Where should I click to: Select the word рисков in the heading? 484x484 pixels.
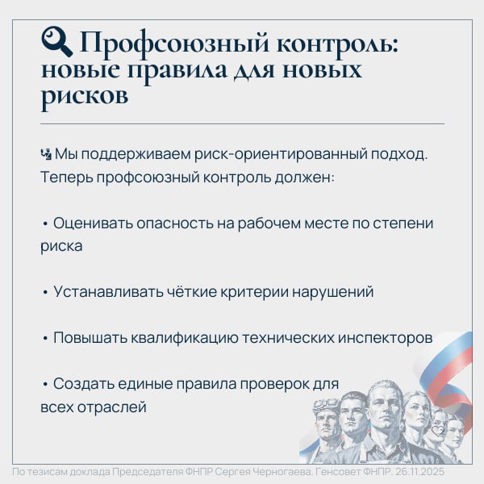(x=84, y=96)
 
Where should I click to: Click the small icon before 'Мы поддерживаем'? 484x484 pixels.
(x=45, y=153)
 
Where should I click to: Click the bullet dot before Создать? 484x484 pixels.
(x=45, y=384)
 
